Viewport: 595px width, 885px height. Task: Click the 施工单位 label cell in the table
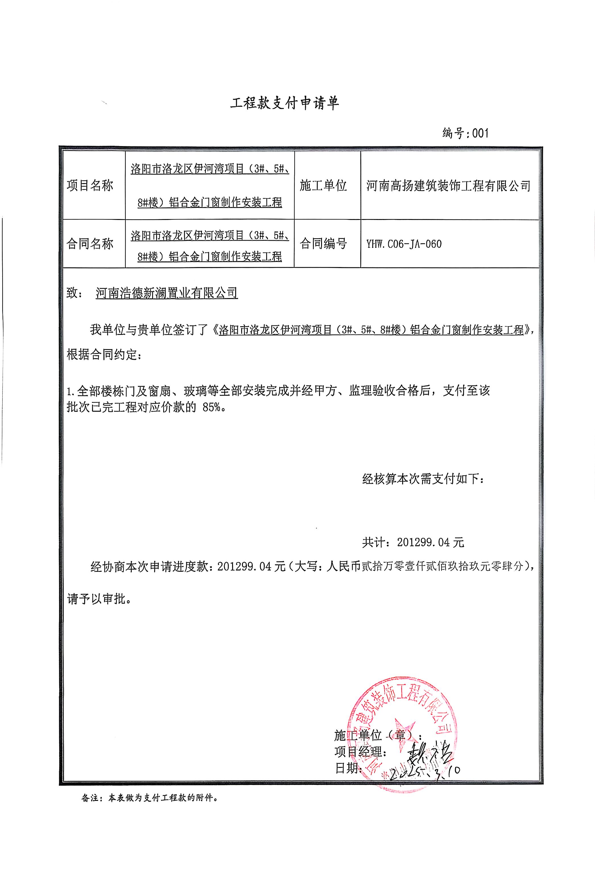click(323, 185)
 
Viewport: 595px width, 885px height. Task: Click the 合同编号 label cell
click(323, 244)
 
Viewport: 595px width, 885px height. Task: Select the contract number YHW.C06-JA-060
click(404, 244)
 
